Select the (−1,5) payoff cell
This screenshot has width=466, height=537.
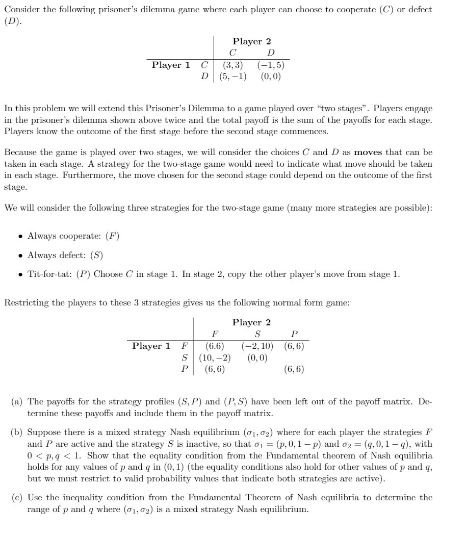[x=271, y=65]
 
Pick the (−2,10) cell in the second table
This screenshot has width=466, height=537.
[x=257, y=346]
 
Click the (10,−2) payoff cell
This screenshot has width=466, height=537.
[x=214, y=357]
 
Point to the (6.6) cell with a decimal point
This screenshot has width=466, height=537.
[x=214, y=346]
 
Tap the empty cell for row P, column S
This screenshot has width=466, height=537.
[x=257, y=369]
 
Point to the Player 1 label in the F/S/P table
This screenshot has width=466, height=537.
[x=151, y=346]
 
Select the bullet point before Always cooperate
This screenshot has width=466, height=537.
[x=20, y=236]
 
